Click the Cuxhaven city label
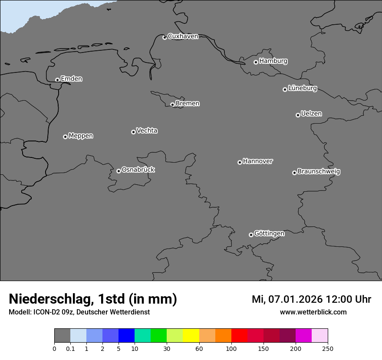click(x=183, y=36)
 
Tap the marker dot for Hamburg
click(x=256, y=62)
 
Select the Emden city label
click(x=71, y=79)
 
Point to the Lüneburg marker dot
click(x=285, y=89)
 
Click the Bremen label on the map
click(x=188, y=104)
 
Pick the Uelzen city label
click(x=311, y=114)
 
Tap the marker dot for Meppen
click(x=65, y=137)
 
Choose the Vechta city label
click(x=147, y=131)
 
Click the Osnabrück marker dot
click(x=119, y=171)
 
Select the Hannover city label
click(x=258, y=161)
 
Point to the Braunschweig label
click(x=319, y=172)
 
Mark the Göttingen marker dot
click(x=251, y=235)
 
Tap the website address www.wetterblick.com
click(x=313, y=312)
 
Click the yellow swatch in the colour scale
click(x=191, y=335)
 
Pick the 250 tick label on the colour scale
click(x=328, y=348)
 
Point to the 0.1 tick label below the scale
click(x=70, y=348)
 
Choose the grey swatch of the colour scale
click(x=62, y=335)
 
